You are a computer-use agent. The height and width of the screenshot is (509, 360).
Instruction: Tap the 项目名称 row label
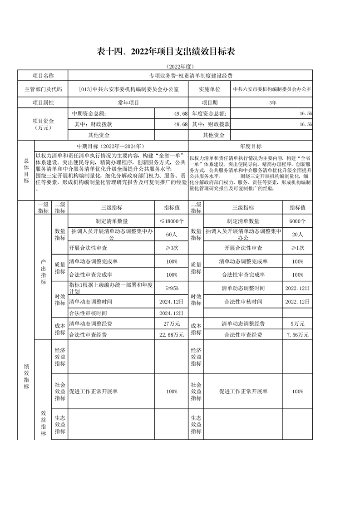pos(43,76)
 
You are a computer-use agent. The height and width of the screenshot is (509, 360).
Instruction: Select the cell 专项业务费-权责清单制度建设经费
pos(190,76)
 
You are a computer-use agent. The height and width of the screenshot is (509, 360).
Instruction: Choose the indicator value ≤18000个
pos(172,221)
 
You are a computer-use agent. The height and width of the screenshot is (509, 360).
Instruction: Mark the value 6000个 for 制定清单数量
pos(297,221)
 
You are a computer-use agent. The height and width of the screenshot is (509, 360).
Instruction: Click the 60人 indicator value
pos(172,234)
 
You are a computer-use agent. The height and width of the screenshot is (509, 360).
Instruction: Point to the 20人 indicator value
pos(297,234)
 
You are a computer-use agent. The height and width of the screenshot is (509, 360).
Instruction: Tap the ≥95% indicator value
pos(172,288)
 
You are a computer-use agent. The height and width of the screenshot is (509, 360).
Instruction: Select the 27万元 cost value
pos(172,324)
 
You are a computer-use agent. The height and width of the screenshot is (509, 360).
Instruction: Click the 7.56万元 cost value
pos(297,335)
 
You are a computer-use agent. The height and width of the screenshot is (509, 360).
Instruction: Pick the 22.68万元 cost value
pos(172,335)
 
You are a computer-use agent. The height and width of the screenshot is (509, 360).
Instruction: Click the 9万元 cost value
pos(297,324)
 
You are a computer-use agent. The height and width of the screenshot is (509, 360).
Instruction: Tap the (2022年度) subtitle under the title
pos(180,66)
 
